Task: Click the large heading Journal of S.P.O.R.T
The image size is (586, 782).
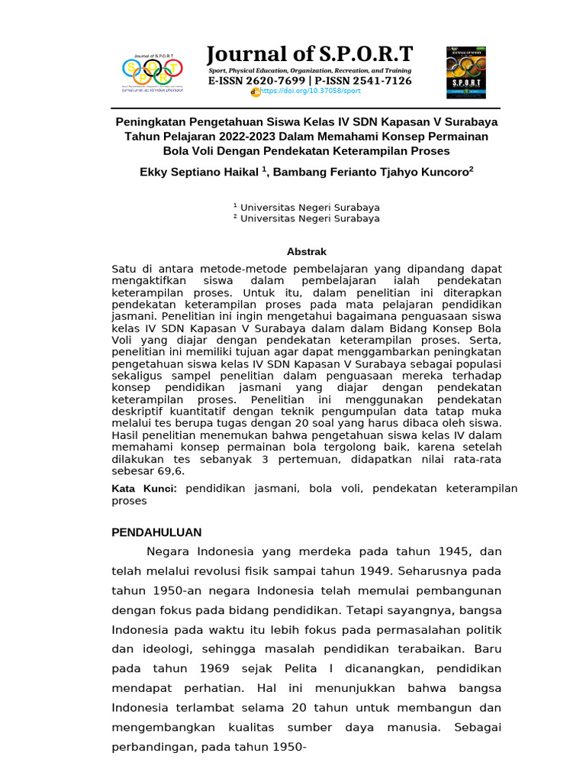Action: click(x=310, y=54)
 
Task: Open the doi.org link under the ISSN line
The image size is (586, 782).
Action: click(x=310, y=91)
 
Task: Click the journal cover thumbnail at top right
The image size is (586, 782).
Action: click(x=465, y=72)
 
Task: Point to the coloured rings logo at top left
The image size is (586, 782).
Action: click(x=152, y=71)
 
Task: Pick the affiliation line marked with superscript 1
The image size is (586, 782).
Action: click(x=306, y=207)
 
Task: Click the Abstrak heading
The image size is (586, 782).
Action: click(x=306, y=251)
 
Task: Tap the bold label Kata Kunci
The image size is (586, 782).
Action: click(x=144, y=488)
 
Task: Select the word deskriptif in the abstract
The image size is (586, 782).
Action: click(x=140, y=412)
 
